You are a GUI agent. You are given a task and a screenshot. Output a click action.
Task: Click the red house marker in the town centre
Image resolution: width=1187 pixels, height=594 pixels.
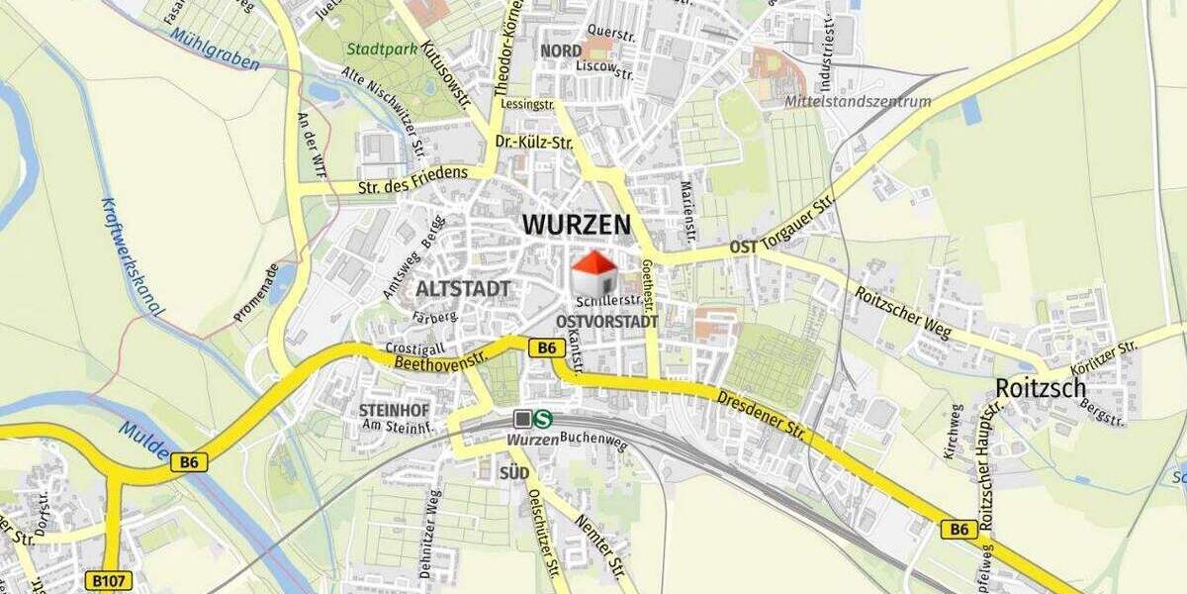[x=594, y=272]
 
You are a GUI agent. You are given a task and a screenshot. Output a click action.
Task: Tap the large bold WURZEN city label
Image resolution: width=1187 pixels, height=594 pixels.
[x=576, y=225]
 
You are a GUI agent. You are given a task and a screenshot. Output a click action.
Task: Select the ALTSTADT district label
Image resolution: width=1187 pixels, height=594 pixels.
[x=464, y=289]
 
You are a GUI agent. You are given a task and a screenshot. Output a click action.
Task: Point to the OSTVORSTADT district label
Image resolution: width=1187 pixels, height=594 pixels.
[x=606, y=322]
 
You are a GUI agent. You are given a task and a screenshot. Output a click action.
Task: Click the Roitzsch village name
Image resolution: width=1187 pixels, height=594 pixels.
[x=1041, y=388]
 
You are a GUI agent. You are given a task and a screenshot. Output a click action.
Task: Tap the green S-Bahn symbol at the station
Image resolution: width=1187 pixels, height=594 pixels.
[x=543, y=419]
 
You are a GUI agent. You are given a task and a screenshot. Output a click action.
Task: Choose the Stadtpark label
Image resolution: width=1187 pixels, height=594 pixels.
[x=374, y=48]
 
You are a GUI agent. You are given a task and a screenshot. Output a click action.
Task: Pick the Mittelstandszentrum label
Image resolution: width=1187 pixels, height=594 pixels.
[x=858, y=101]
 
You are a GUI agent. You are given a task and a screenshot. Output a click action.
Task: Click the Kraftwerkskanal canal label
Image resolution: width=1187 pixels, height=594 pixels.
[x=132, y=257]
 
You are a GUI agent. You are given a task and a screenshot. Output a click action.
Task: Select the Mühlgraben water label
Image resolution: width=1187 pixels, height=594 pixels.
[x=214, y=49]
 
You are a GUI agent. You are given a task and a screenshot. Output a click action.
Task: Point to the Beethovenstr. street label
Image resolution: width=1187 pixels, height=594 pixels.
[x=442, y=359]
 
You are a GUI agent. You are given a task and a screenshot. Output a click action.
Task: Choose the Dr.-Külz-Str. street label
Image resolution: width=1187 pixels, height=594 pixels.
[x=535, y=143]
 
